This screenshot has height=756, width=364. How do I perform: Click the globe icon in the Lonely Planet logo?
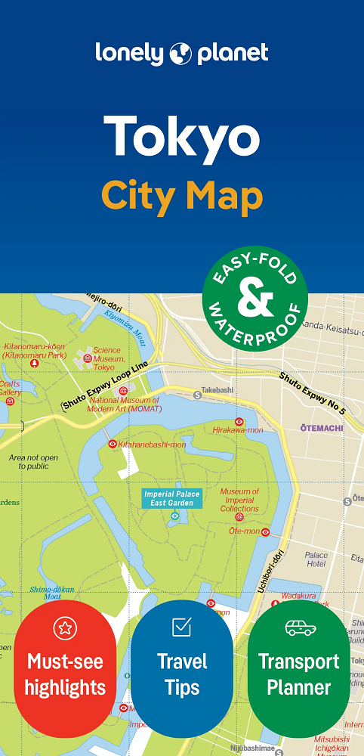tap(182, 53)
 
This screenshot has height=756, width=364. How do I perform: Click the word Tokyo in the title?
tap(182, 138)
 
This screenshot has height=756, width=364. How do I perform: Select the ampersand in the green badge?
tap(255, 297)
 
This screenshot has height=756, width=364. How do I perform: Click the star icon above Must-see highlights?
tap(66, 627)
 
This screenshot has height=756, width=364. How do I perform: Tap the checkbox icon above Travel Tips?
tap(182, 627)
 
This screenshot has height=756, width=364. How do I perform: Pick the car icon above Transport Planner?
tap(300, 627)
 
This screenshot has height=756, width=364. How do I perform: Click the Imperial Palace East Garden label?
tap(172, 498)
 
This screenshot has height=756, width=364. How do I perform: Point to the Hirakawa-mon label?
tap(238, 429)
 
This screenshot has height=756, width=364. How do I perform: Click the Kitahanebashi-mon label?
tap(152, 445)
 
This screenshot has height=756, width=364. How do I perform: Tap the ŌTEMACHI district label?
tap(322, 428)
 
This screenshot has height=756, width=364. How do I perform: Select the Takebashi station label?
tap(217, 390)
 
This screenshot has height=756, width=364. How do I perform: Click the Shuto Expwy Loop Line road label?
tap(105, 386)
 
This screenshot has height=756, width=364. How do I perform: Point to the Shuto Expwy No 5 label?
tap(312, 393)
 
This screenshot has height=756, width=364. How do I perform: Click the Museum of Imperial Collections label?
tap(239, 500)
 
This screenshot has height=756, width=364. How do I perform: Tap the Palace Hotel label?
tap(316, 559)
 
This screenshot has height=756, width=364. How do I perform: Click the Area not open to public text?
tap(33, 462)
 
